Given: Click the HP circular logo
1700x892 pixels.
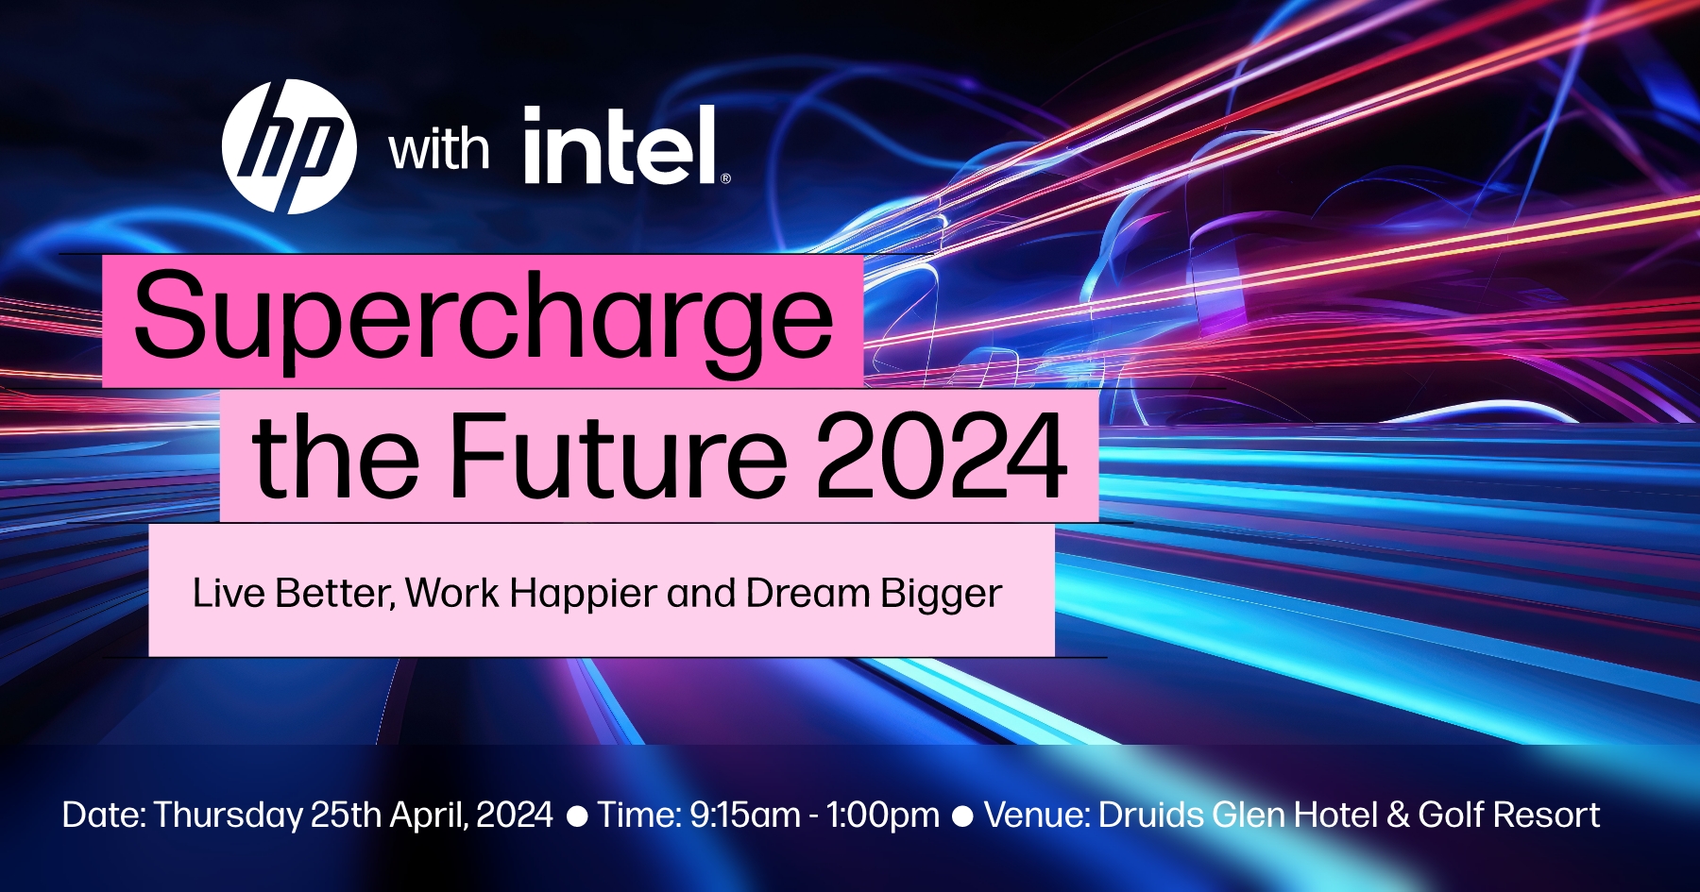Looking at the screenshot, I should (x=289, y=146).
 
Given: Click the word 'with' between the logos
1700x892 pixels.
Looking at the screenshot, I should (x=439, y=150).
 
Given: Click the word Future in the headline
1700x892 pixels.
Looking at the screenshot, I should (x=619, y=456).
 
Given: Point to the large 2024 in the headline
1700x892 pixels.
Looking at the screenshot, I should (x=941, y=456).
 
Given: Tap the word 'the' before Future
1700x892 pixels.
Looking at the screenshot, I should (x=335, y=456).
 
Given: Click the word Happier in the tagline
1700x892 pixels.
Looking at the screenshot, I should (x=583, y=593).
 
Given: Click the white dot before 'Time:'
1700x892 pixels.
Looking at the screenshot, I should (x=576, y=816).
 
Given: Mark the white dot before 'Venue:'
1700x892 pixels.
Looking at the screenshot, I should (x=962, y=816).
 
